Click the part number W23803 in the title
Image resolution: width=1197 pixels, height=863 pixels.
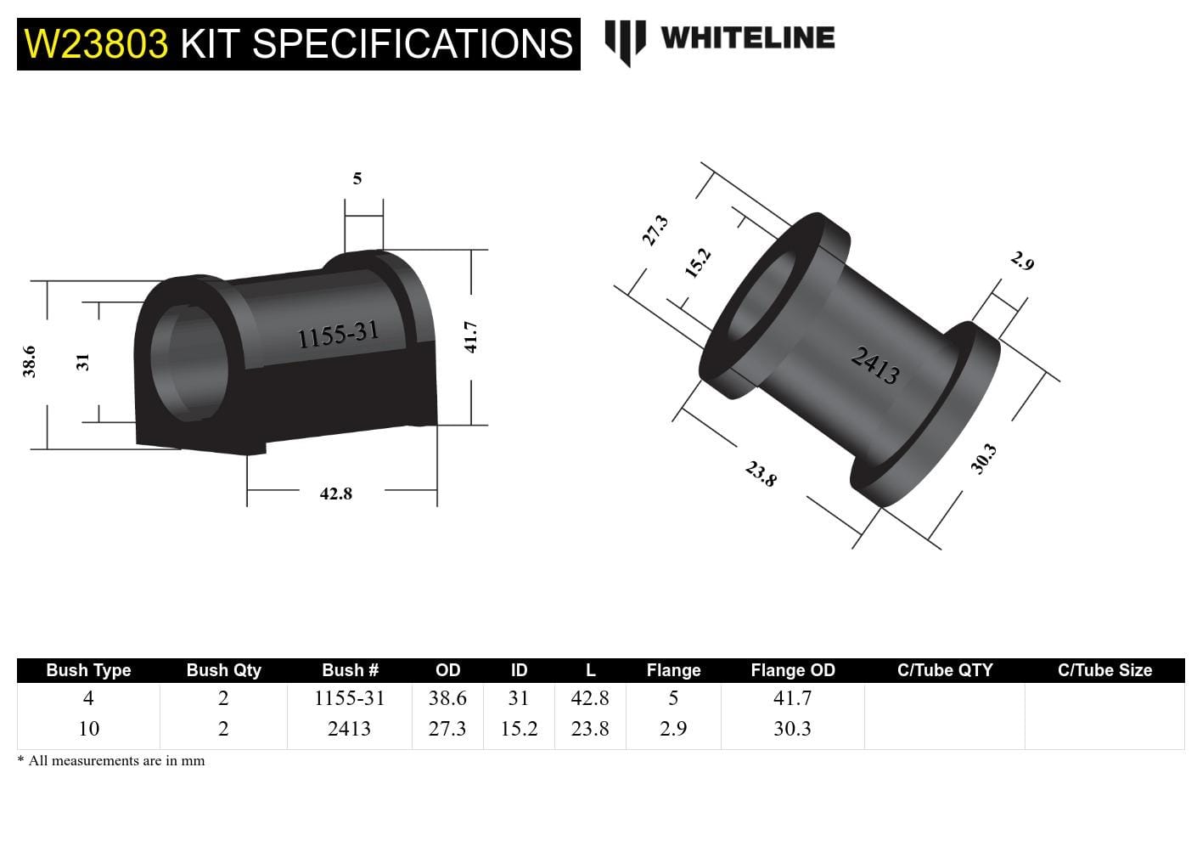coord(96,44)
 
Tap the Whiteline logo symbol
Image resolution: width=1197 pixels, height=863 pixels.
coord(625,41)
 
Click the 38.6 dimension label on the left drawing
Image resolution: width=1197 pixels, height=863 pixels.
coord(30,361)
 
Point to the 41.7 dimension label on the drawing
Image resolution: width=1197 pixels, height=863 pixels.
coord(472,336)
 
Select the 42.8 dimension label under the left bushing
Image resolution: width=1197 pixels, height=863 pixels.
coord(335,494)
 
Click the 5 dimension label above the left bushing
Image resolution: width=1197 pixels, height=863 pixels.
coord(357,178)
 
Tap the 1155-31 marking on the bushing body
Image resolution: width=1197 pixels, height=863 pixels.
coord(338,335)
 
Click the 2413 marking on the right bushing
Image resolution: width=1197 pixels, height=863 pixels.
coord(875,366)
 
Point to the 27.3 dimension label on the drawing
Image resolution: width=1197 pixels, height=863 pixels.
coord(655,230)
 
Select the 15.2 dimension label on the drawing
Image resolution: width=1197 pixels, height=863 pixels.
coord(697,263)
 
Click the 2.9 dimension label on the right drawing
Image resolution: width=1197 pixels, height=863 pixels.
coord(1023,262)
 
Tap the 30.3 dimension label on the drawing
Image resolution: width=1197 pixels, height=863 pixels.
coord(983,460)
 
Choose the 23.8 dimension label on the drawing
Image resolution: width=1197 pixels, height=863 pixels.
coord(761,474)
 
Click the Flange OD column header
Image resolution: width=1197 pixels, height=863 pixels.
coord(792,670)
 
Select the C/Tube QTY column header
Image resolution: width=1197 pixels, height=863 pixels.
coord(944,670)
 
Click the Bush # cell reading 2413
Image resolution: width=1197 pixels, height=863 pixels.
coord(349,729)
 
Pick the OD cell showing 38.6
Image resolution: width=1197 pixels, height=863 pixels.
coord(447,698)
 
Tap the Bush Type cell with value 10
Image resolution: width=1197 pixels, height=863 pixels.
coord(88,729)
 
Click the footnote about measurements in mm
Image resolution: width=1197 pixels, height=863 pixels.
coord(111,761)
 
